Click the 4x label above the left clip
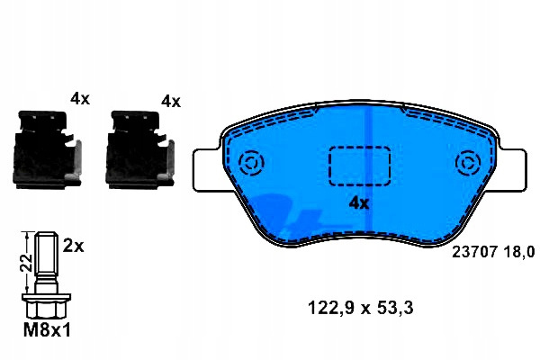(x=80, y=99)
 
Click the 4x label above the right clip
(x=171, y=102)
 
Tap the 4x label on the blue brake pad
(x=359, y=203)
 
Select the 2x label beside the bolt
(x=74, y=247)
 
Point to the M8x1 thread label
(x=47, y=330)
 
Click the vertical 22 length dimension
(x=26, y=263)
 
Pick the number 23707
(x=475, y=252)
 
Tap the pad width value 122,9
(x=330, y=308)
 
